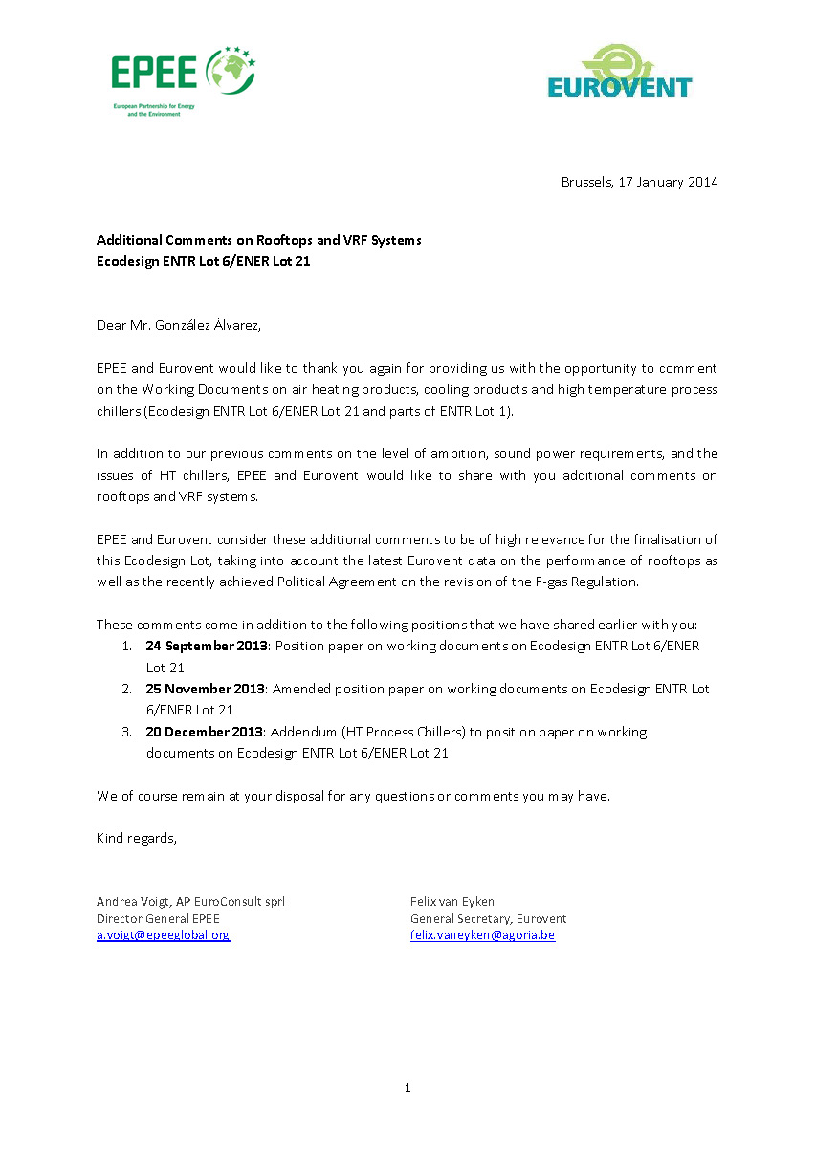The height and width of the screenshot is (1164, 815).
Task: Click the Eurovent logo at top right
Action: click(x=619, y=72)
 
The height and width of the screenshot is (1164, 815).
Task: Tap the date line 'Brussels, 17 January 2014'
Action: click(x=639, y=182)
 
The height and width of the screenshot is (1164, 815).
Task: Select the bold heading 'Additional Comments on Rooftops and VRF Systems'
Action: click(x=258, y=240)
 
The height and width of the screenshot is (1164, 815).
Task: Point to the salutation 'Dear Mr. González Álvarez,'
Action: click(x=179, y=325)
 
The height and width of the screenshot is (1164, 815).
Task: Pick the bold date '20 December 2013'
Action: click(x=205, y=732)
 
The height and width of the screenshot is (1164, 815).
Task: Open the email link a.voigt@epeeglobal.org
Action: click(x=163, y=935)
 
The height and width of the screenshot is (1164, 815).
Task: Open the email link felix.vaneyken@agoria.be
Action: click(x=482, y=935)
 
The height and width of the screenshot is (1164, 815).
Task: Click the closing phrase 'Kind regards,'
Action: click(x=137, y=838)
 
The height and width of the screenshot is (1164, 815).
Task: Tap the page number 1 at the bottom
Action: click(x=407, y=1087)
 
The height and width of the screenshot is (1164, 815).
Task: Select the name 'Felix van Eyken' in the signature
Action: click(x=452, y=901)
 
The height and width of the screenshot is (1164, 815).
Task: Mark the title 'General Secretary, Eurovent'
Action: click(x=488, y=918)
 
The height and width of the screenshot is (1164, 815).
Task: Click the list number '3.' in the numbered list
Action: click(x=126, y=732)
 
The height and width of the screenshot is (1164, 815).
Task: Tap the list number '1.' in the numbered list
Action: click(x=126, y=647)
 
